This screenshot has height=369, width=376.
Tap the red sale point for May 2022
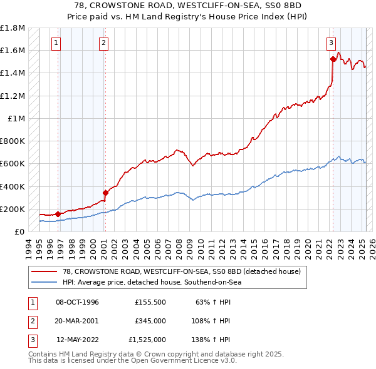click(x=333, y=59)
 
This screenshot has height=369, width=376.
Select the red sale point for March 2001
click(x=105, y=193)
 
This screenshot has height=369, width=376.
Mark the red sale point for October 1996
click(x=58, y=214)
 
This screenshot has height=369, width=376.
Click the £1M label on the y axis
click(x=15, y=118)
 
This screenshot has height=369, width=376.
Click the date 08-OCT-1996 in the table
click(x=78, y=303)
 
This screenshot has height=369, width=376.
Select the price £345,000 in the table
click(x=150, y=321)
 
